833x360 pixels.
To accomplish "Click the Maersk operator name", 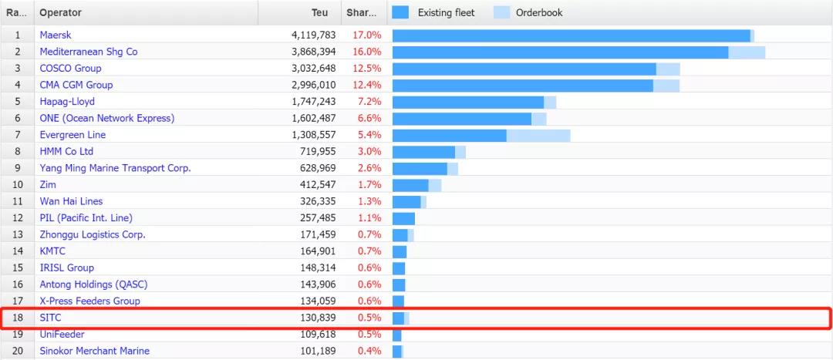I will tap(56, 35).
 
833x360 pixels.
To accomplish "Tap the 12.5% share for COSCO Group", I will tap(366, 69).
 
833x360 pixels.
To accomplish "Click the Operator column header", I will tap(60, 13).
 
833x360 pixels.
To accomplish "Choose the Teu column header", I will tap(319, 13).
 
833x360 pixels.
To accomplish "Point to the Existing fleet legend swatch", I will tap(401, 12).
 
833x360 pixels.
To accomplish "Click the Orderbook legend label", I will tap(538, 13).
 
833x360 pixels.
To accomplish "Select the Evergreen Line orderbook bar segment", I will tap(538, 135).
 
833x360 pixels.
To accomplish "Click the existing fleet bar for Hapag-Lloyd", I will tap(468, 102).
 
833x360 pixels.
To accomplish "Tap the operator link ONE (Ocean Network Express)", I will tap(107, 118).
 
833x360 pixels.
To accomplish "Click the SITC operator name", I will tap(51, 318).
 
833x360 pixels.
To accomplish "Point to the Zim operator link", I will tap(48, 185).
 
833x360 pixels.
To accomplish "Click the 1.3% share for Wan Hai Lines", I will tap(369, 201).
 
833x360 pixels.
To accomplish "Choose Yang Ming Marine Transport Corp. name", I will tap(115, 168).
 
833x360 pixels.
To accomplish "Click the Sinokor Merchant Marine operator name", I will tap(94, 352).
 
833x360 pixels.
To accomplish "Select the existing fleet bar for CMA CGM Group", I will tap(523, 85).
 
